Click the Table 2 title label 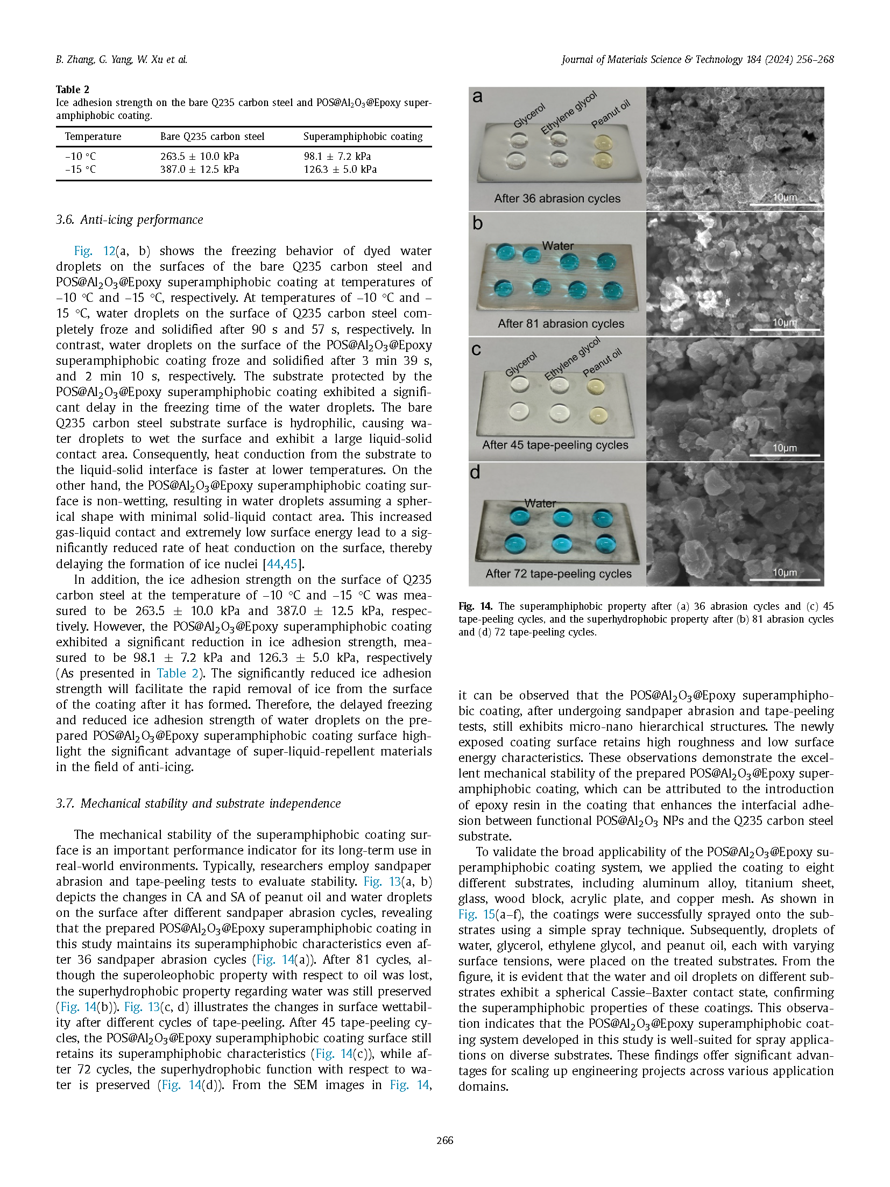73,89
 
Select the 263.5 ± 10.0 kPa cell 199,157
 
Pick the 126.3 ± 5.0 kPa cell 340,169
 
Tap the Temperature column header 93,137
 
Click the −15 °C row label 80,169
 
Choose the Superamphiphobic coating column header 363,137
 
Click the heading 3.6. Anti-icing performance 129,220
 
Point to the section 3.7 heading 198,803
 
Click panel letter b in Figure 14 477,224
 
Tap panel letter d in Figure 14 475,472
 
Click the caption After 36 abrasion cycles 557,199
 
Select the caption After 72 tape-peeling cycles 558,574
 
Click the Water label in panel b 557,246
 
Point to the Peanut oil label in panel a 610,115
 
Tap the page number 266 444,1140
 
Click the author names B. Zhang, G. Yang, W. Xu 122,60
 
